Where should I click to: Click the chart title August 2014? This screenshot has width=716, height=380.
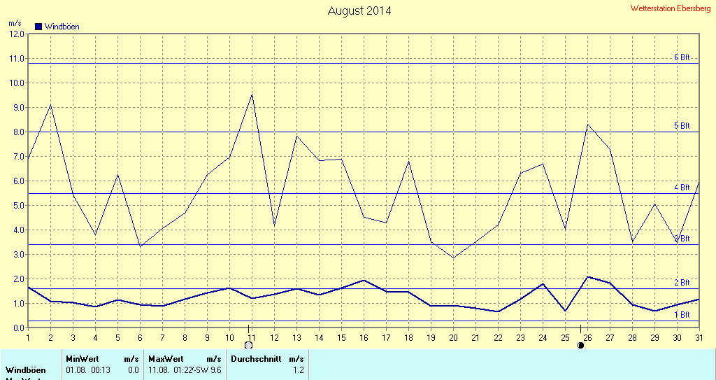[359, 10]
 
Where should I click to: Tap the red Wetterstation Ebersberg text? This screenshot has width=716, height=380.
[670, 8]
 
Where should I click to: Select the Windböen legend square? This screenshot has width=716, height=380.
[38, 27]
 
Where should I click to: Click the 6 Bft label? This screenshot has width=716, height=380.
[681, 57]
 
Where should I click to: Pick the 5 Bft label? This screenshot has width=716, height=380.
[681, 126]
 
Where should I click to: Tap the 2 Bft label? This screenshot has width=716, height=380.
[681, 283]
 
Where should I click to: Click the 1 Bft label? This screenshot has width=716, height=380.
[681, 315]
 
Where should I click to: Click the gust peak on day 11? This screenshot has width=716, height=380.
[252, 94]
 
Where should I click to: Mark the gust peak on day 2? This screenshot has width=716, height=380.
[50, 105]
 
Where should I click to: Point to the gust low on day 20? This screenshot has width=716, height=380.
[453, 258]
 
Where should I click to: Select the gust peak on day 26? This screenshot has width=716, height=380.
[587, 125]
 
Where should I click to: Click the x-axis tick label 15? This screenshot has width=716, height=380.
[341, 338]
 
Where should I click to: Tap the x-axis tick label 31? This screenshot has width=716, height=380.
[699, 338]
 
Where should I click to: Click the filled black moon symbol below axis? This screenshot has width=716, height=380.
[580, 346]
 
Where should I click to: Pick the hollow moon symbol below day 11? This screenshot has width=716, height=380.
[248, 346]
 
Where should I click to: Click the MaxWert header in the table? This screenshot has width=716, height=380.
[164, 359]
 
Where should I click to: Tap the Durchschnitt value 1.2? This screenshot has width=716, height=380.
[298, 370]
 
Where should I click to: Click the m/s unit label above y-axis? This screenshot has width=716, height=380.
[15, 23]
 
